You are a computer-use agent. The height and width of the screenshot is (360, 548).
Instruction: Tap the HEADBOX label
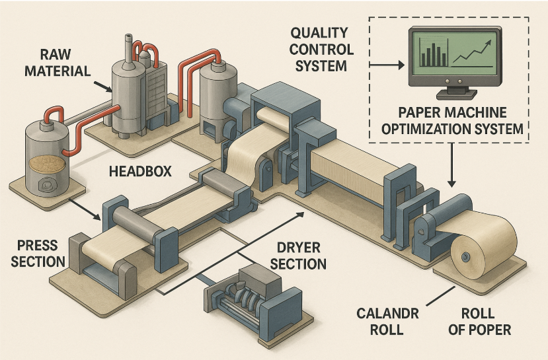pos(139,171)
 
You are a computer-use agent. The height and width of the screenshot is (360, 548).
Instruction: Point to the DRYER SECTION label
pos(297,256)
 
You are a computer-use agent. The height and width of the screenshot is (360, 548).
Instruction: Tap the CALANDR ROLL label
pos(389,322)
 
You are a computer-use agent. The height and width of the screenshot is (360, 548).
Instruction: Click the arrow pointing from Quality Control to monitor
pos(387,65)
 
